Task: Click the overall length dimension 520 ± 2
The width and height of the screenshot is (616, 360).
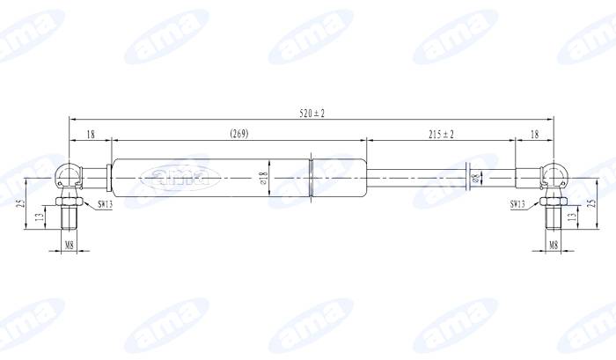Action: [x=313, y=114]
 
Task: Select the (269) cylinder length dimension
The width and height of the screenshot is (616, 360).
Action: [x=238, y=134]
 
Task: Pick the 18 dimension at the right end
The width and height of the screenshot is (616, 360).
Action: [x=535, y=134]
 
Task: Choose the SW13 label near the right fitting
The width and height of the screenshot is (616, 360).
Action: [x=517, y=204]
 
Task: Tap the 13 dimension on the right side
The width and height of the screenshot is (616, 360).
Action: [x=573, y=217]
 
